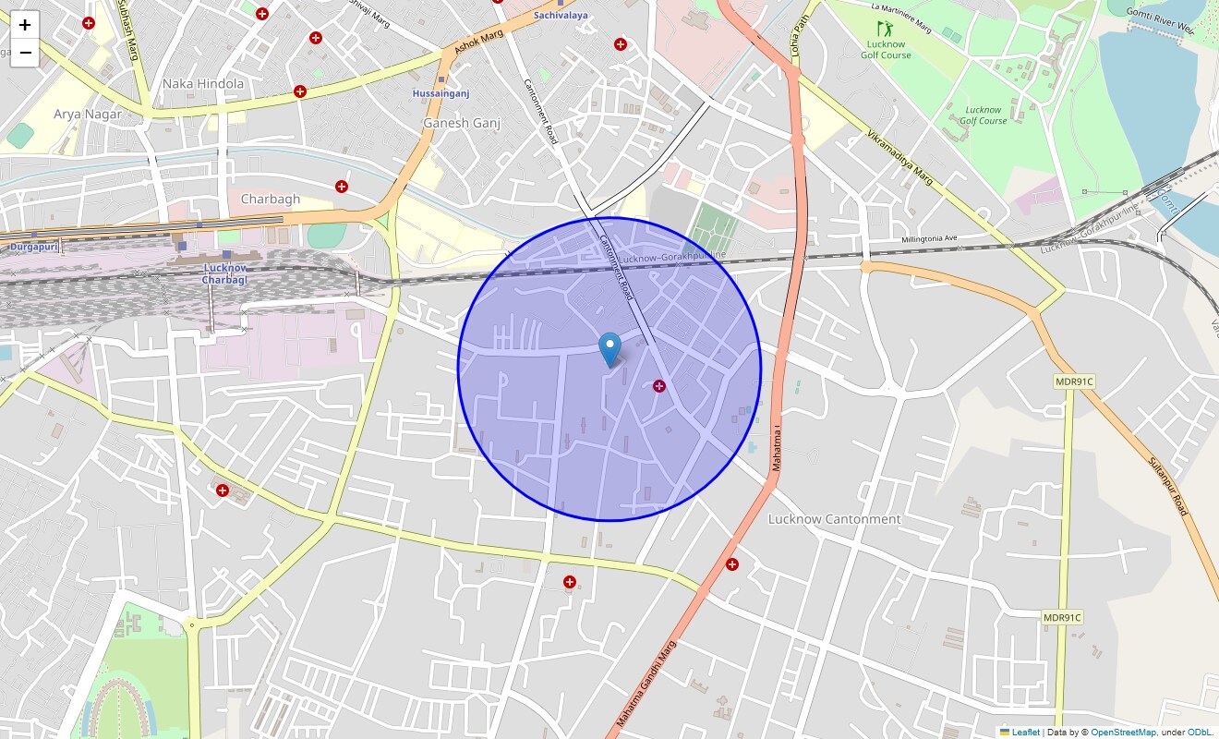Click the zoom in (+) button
pyautogui.click(x=25, y=25)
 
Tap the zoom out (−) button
pyautogui.click(x=25, y=53)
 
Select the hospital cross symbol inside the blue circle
pyautogui.click(x=659, y=385)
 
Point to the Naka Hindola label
pyautogui.click(x=203, y=84)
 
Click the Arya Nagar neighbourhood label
pyautogui.click(x=88, y=114)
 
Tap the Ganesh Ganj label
pyautogui.click(x=461, y=123)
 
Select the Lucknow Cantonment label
pyautogui.click(x=834, y=519)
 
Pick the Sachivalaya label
pyautogui.click(x=561, y=16)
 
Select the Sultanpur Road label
pyautogui.click(x=1169, y=485)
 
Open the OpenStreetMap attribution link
pyautogui.click(x=1123, y=733)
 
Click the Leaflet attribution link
pyautogui.click(x=1025, y=733)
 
